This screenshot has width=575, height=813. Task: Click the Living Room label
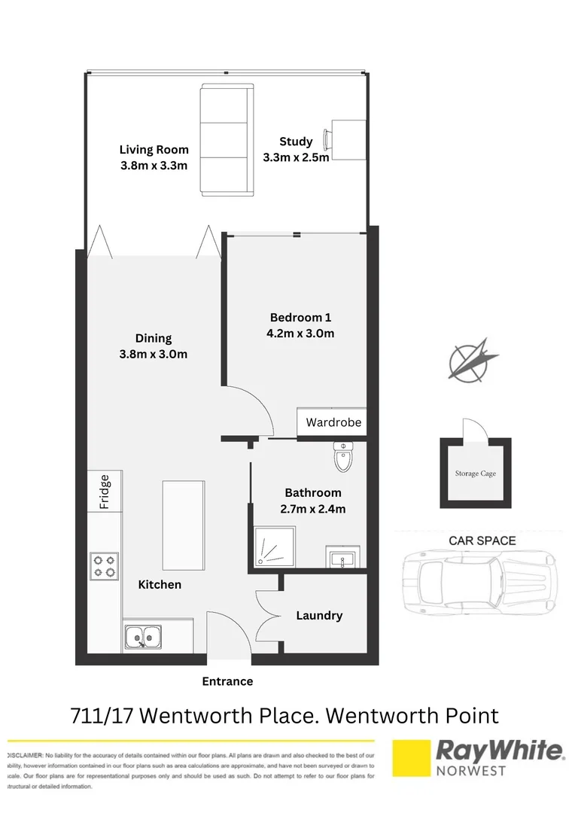pyautogui.click(x=154, y=149)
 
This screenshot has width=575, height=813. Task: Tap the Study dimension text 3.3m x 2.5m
pyautogui.click(x=296, y=157)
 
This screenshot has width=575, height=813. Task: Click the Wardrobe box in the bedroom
pyautogui.click(x=333, y=422)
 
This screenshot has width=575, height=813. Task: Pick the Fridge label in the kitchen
pyautogui.click(x=105, y=492)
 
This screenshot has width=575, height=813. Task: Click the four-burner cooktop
pyautogui.click(x=104, y=566)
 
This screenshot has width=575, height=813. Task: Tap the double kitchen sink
pyautogui.click(x=142, y=638)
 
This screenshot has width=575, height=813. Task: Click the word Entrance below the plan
pyautogui.click(x=227, y=681)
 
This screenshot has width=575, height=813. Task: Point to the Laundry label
pyautogui.click(x=319, y=615)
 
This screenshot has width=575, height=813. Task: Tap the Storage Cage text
pyautogui.click(x=475, y=473)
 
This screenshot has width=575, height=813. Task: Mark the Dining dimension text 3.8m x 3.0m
pyautogui.click(x=154, y=355)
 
